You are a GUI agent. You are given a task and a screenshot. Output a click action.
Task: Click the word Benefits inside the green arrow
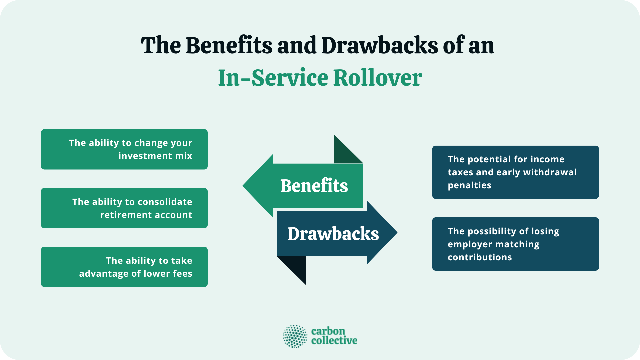click(x=314, y=186)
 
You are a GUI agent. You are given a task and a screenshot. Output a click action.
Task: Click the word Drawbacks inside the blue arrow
click(x=333, y=234)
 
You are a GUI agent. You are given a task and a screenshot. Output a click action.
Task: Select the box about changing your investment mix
click(x=124, y=149)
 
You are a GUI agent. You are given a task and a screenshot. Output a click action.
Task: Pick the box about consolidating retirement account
click(x=124, y=208)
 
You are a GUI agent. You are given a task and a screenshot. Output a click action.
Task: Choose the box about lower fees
click(x=124, y=267)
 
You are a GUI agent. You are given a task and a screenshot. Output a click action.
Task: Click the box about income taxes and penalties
click(x=515, y=172)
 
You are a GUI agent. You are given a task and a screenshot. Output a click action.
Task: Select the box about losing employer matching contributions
click(x=515, y=244)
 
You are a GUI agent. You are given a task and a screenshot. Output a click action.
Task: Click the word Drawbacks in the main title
click(x=379, y=46)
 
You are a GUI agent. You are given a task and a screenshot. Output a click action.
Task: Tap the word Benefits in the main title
click(x=229, y=46)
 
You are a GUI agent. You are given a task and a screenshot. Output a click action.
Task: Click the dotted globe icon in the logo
click(x=295, y=336)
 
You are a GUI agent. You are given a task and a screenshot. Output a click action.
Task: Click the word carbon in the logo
click(x=328, y=331)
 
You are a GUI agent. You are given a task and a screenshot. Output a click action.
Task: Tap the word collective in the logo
click(x=334, y=341)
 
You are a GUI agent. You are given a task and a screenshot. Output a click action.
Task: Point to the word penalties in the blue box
click(x=469, y=185)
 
